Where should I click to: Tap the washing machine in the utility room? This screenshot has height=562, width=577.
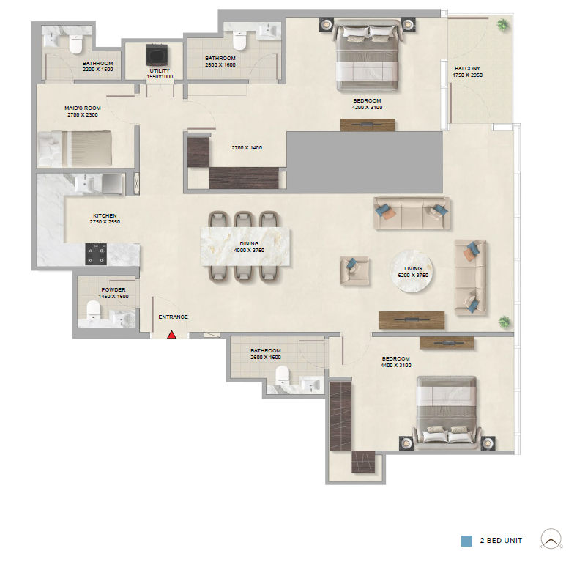tap(157, 55)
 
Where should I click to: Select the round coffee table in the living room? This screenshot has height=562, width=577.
tap(412, 271)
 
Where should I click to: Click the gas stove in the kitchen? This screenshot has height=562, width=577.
tap(96, 254)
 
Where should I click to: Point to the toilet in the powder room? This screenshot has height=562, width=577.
tap(93, 309)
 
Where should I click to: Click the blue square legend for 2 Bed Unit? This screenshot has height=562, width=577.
tap(466, 541)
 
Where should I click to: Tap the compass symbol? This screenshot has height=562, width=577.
tap(551, 539)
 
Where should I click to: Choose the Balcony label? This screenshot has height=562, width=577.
tap(467, 68)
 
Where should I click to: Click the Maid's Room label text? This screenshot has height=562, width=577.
tap(83, 108)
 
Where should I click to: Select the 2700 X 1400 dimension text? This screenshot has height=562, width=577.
tap(247, 148)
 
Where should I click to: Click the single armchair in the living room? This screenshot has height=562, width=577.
tap(354, 270)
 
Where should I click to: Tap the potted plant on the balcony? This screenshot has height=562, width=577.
tap(502, 25)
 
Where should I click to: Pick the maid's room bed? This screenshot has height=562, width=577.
tap(75, 149)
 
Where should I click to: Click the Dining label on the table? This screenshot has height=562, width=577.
tap(249, 243)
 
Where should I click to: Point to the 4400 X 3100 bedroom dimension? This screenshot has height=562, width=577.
tap(396, 366)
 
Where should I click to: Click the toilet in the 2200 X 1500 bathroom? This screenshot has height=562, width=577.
tap(76, 44)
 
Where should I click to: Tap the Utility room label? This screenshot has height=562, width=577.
tap(160, 70)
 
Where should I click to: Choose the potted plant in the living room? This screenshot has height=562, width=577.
tap(505, 322)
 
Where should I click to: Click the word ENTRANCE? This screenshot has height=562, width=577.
tap(174, 317)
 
